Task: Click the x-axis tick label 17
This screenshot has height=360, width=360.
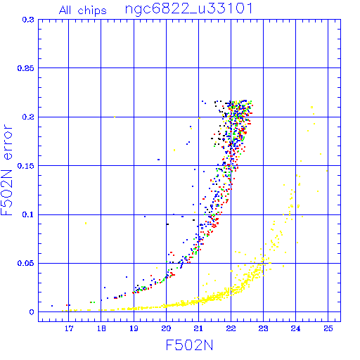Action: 69,328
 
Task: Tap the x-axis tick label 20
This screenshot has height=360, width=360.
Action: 166,328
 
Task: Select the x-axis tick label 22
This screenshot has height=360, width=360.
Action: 231,328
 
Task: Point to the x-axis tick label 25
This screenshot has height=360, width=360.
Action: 328,328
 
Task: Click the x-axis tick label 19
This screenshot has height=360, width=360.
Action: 134,328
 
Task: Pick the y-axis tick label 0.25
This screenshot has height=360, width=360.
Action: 25,68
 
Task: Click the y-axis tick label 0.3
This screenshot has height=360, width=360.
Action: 28,20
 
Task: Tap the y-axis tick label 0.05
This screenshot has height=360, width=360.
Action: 25,263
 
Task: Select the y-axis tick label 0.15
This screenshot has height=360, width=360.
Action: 25,166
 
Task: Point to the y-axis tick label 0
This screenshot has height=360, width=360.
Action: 32,312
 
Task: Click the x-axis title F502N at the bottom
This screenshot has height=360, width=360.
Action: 189,345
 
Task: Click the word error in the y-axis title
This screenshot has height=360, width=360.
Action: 8,142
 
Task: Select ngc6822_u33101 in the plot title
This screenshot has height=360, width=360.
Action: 189,9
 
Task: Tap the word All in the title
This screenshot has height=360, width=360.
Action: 65,11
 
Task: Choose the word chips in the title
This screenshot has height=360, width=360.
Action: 92,11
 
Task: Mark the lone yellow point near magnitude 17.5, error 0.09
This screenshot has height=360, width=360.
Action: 86,223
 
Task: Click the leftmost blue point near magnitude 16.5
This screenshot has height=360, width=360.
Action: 52,306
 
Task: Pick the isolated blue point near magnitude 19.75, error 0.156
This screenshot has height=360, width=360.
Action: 158,160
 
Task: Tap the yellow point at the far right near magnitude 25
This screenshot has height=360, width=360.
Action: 327,171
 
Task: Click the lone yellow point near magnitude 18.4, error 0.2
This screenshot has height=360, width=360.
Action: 115,117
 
